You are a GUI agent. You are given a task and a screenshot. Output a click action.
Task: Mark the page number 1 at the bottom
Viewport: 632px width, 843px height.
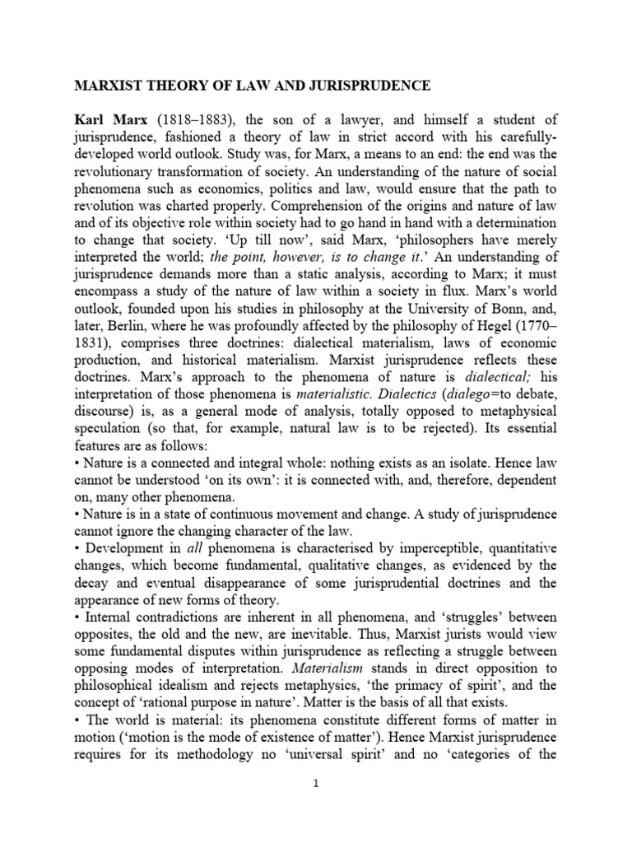[316, 785]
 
